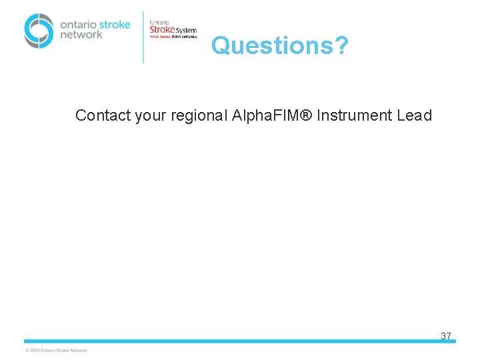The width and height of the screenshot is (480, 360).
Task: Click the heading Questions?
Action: coord(279,45)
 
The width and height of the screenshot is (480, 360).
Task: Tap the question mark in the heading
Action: coord(341,45)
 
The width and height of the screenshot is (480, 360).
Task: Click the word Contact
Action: coord(103,115)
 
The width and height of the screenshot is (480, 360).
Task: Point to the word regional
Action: coord(199,116)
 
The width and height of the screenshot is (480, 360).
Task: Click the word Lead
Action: coord(415,115)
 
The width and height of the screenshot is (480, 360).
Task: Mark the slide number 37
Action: coord(446,336)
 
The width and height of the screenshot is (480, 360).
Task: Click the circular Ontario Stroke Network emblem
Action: coord(39,31)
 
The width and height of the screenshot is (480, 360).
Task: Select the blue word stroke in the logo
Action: coord(113,24)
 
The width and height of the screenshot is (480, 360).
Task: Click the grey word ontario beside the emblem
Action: coord(77,24)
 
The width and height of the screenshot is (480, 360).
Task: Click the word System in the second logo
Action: coord(187,30)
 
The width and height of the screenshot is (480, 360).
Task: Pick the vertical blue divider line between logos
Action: coord(143,37)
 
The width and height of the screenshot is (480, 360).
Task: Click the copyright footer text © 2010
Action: coord(56,350)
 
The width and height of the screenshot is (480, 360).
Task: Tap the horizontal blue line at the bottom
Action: coord(240,341)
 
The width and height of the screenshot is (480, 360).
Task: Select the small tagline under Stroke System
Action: coord(173,37)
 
